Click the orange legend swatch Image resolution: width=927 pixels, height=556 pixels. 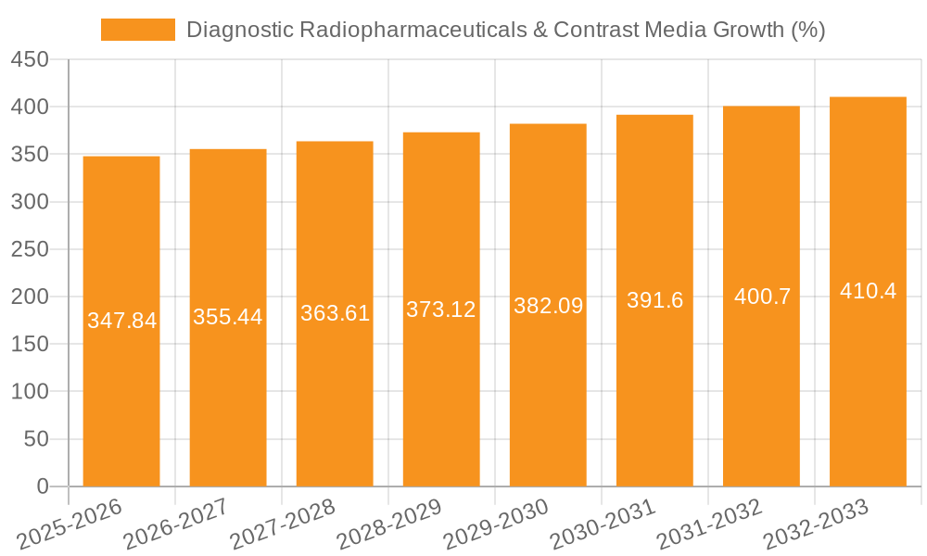coord(138,30)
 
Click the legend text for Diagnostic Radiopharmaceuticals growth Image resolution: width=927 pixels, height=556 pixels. coord(505,30)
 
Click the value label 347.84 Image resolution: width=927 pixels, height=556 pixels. coord(121,321)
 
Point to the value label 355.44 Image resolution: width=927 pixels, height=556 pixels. coord(228,317)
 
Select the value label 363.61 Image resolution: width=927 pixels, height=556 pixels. coord(335,313)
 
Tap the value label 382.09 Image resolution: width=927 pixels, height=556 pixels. coord(548,306)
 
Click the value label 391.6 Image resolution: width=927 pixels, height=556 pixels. coord(654,300)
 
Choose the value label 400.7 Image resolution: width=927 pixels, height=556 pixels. coord(762,297)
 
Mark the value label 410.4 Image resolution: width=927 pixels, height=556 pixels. coord(868,291)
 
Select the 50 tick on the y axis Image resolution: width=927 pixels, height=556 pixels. coord(35,439)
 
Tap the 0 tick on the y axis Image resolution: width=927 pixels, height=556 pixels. coord(42,486)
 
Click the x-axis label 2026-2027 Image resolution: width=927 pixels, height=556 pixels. coord(176,524)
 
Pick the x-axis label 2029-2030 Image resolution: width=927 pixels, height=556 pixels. coord(496,524)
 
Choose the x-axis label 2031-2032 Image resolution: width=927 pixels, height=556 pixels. coord(709,524)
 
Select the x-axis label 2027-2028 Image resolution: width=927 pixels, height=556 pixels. coord(283,524)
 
